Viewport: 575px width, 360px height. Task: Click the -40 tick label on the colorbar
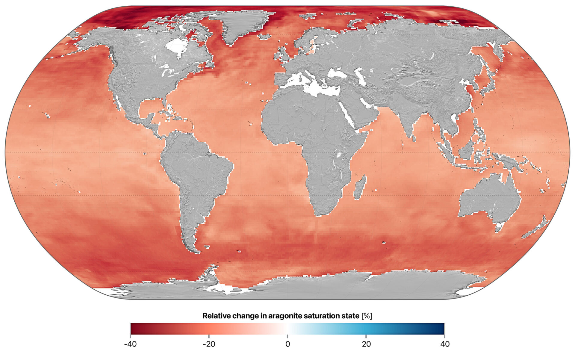[130, 344]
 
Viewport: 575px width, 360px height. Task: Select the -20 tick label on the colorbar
[209, 344]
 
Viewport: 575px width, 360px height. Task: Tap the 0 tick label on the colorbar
[287, 344]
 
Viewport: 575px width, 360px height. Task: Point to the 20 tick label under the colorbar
[366, 344]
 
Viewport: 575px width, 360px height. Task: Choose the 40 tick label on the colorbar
[445, 344]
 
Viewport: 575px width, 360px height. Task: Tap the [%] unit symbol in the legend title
[367, 316]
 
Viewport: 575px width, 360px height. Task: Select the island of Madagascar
[360, 187]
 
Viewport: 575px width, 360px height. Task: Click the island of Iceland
[264, 37]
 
